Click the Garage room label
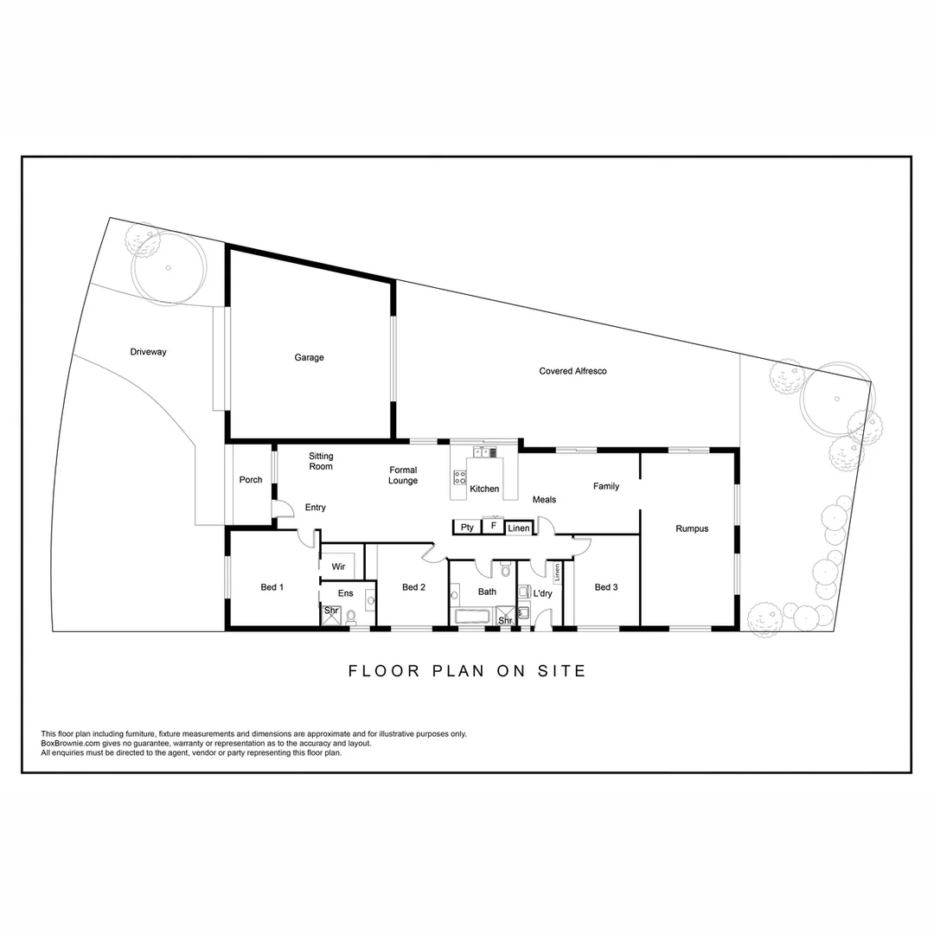309,357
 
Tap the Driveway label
148,352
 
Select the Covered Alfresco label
573,371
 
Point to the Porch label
251,480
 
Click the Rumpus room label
692,528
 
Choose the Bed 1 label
272,587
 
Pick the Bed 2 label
413,587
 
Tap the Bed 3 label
606,587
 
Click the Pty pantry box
467,527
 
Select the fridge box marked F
493,526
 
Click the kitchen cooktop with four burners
460,477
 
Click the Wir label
338,566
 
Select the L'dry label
542,594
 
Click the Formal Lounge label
403,476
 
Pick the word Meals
544,500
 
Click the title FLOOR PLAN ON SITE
467,670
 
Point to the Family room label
606,486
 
